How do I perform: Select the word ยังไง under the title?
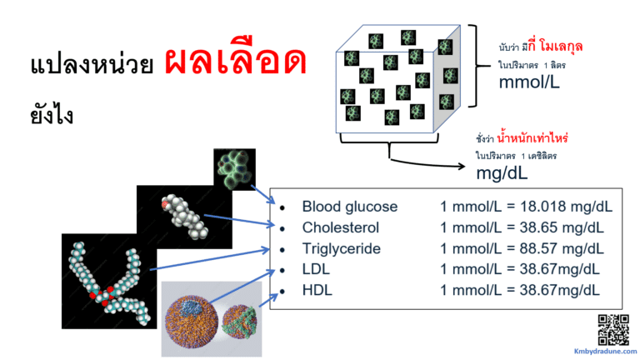pos(51,114)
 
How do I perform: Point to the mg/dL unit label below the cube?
pos(502,172)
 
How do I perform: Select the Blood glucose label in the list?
pos(350,207)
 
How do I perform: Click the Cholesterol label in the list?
pos(340,227)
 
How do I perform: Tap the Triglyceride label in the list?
pos(341,248)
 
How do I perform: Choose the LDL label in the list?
pos(317,269)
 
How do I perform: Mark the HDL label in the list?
pos(317,290)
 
